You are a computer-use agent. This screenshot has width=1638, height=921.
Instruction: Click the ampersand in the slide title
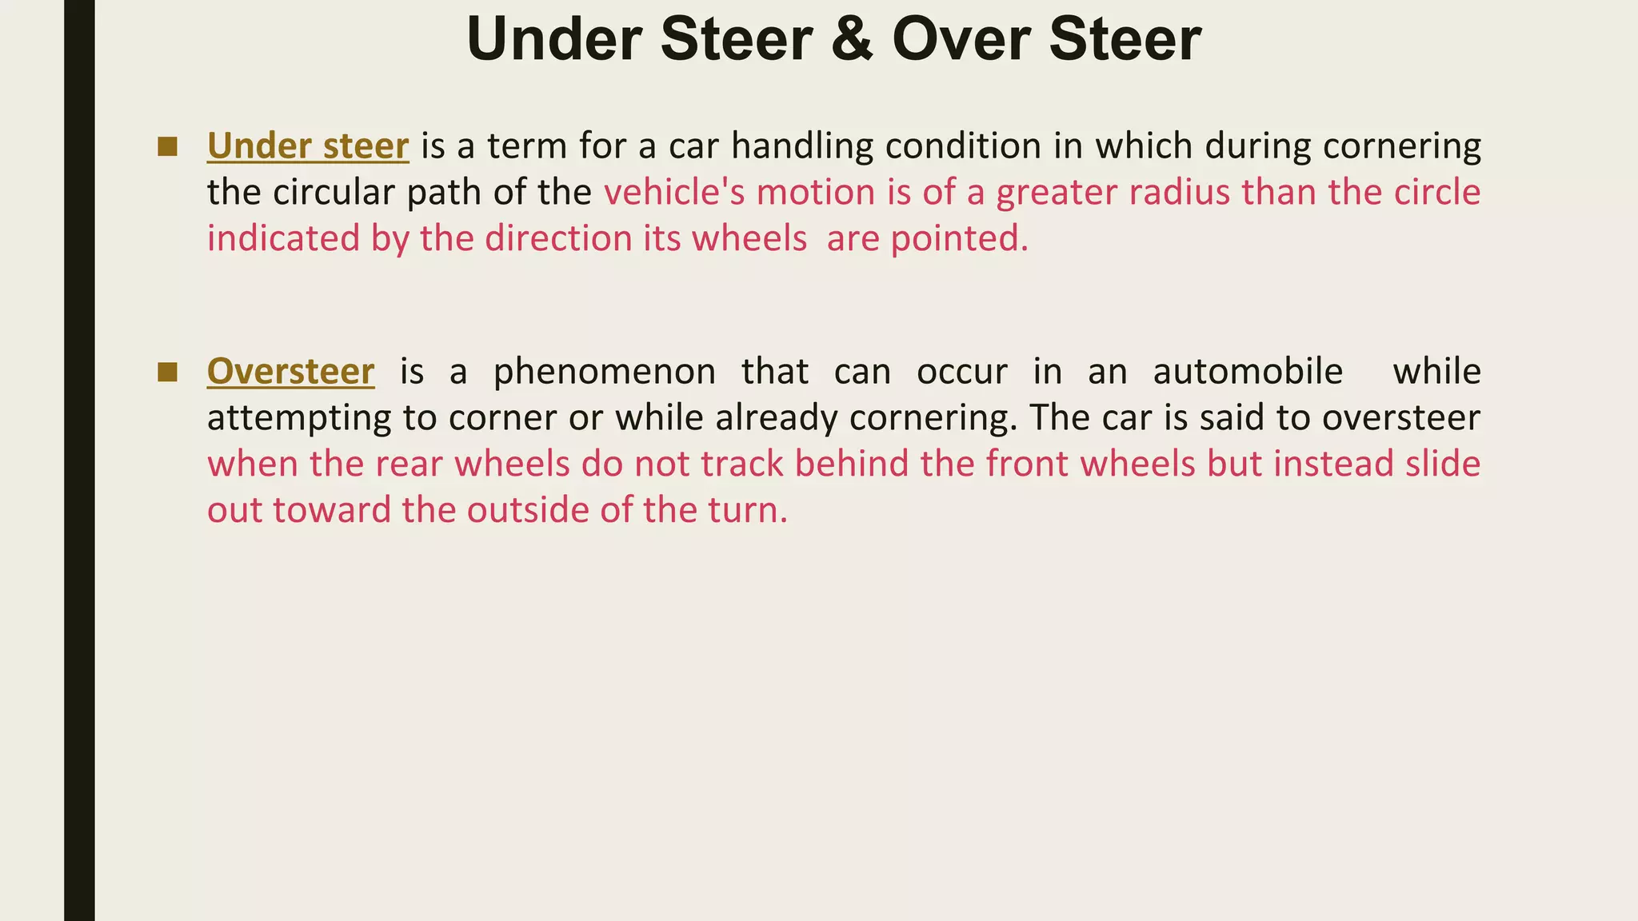(x=852, y=40)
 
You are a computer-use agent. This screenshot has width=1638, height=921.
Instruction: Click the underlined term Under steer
(x=308, y=146)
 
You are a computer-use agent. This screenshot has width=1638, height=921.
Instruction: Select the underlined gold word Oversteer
(x=290, y=372)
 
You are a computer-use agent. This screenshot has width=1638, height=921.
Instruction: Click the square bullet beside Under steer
(x=167, y=146)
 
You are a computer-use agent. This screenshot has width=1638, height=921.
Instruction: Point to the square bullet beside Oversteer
(x=167, y=372)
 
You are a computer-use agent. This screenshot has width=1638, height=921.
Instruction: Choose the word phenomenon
(x=604, y=372)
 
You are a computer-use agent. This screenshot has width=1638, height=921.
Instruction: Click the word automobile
(x=1247, y=372)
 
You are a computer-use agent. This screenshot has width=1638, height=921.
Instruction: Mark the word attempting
(x=299, y=418)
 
